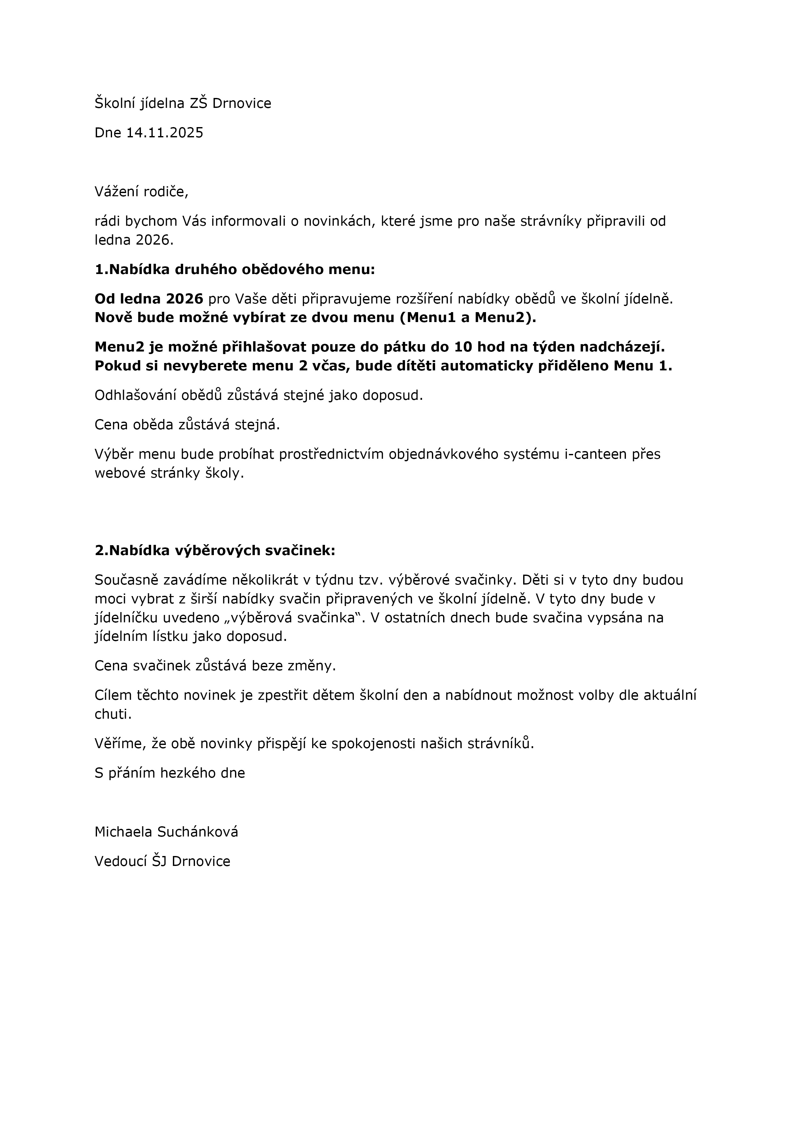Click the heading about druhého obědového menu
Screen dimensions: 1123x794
click(x=235, y=270)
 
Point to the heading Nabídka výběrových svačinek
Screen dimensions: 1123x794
click(x=215, y=551)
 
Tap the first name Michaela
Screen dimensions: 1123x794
click(x=123, y=832)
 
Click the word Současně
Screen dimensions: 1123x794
click(x=125, y=580)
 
